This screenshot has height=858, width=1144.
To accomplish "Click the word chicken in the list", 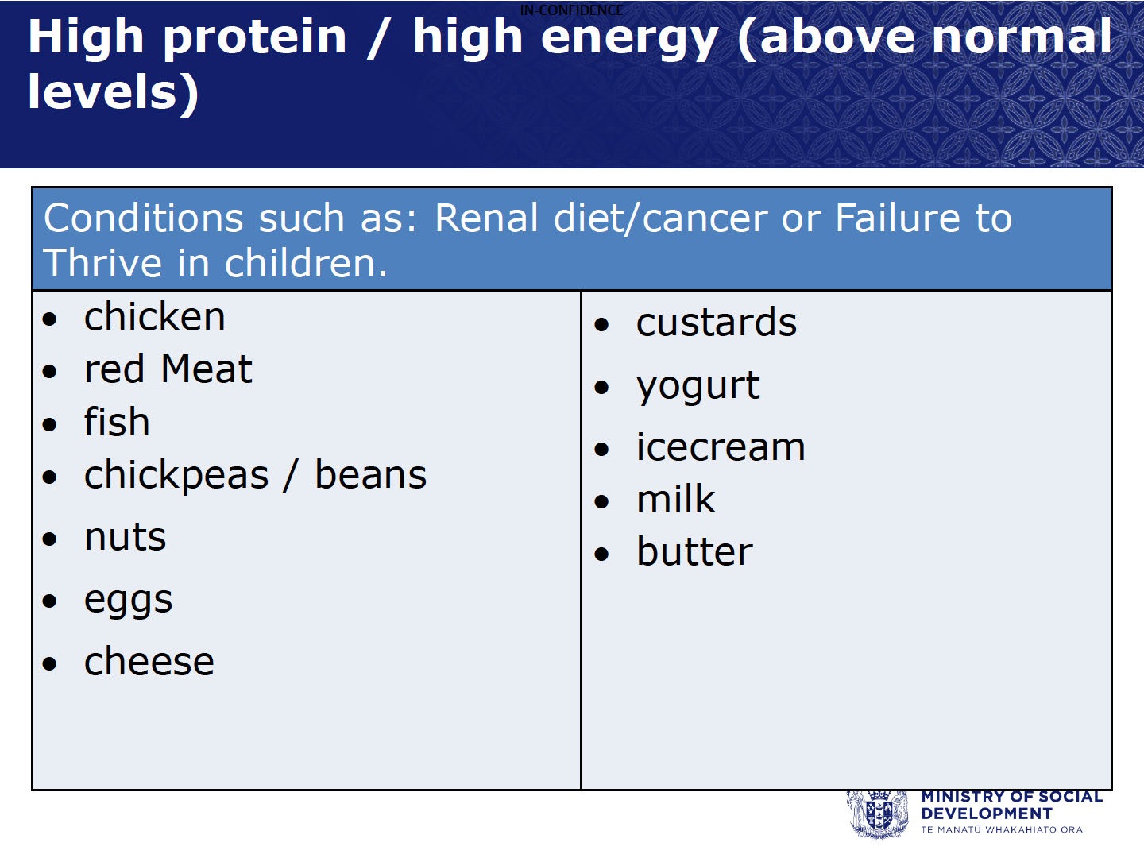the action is pos(155,316).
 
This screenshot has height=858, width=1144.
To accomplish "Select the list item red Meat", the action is pos(168,369).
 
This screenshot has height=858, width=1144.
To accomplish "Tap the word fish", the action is pos(117,421).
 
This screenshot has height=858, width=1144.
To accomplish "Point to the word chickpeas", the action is pos(176,476).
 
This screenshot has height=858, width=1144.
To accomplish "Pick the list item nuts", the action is pos(125,537).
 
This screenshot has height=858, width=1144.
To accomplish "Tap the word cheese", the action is pos(149,662).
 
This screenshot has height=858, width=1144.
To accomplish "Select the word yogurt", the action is pos(698,387).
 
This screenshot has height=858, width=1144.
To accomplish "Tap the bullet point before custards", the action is pos(601,325).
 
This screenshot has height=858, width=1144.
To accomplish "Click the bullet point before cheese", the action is pos(49,663).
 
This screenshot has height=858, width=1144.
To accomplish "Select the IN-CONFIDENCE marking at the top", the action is pos(572,10).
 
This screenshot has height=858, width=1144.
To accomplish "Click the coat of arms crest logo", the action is pos(878,814).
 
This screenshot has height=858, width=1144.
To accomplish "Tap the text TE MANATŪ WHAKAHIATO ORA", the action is pos(1002,829).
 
